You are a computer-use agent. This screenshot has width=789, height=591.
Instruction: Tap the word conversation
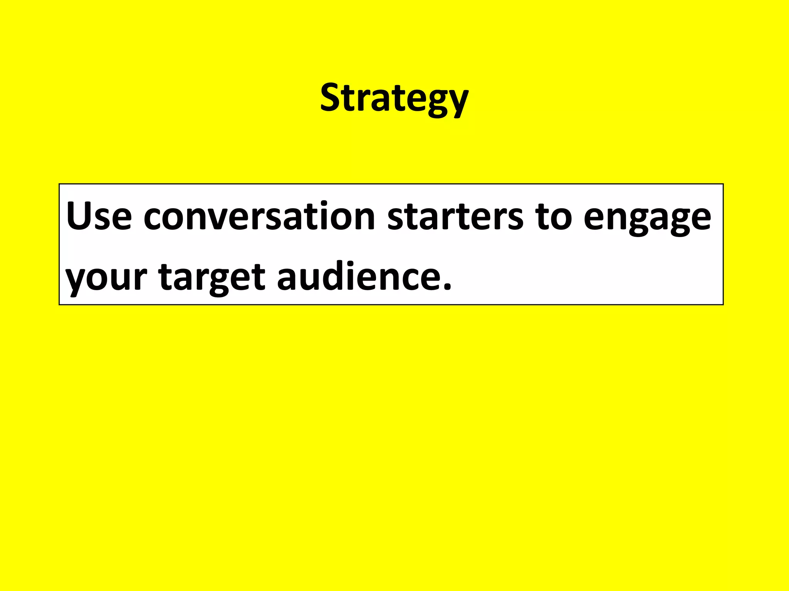coord(259,217)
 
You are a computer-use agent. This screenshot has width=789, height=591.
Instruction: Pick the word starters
coord(455,217)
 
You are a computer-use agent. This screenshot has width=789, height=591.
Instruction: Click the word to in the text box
coord(553,217)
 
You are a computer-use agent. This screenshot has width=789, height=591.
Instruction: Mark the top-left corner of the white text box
coord(59,184)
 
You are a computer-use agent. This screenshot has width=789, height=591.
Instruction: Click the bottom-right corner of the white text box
coord(723,304)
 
